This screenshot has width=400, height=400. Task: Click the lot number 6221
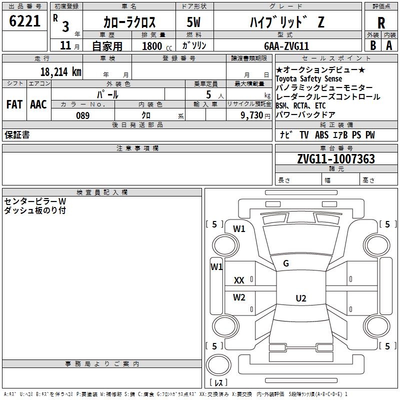point(24,21)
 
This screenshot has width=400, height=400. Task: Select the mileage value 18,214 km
point(61,72)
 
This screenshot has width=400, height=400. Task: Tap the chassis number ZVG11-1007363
point(336,159)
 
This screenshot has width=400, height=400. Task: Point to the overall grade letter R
point(381,23)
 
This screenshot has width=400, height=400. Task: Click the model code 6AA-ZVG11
point(286,46)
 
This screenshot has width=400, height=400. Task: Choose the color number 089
point(83,115)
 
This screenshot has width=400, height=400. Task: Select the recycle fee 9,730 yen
point(255,115)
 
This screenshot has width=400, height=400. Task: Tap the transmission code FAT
point(14,104)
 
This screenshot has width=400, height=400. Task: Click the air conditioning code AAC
point(38,104)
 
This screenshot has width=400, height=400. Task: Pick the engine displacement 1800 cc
point(157,46)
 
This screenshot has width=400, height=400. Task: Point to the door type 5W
point(193,22)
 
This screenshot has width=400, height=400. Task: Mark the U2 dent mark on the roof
point(301,298)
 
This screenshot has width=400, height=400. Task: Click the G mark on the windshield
point(286,263)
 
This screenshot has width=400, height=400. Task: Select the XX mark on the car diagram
point(239,280)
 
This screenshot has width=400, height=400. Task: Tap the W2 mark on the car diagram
point(239,297)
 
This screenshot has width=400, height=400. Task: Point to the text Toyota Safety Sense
point(308,78)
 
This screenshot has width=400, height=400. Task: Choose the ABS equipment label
point(321,135)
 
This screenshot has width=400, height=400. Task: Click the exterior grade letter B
point(373,45)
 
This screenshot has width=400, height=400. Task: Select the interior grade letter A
point(389,45)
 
